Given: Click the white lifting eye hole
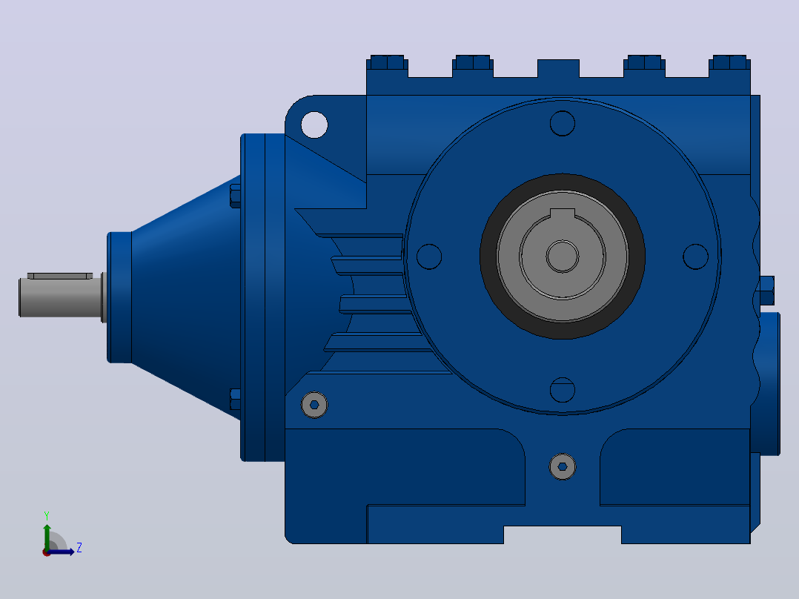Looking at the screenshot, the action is pos(314,125).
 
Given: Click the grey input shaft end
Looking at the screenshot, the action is pos(61,297).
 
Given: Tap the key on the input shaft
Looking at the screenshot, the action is pos(60,276).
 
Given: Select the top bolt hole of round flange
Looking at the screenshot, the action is pos(563,123).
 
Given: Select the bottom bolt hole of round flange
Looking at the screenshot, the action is pos(563,390).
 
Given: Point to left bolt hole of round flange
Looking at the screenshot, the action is pos(429,257).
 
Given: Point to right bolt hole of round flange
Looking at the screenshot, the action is pos(695,257).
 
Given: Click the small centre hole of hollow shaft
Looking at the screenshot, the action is pos(563,257).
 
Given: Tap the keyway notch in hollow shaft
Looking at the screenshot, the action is pos(563,214).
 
